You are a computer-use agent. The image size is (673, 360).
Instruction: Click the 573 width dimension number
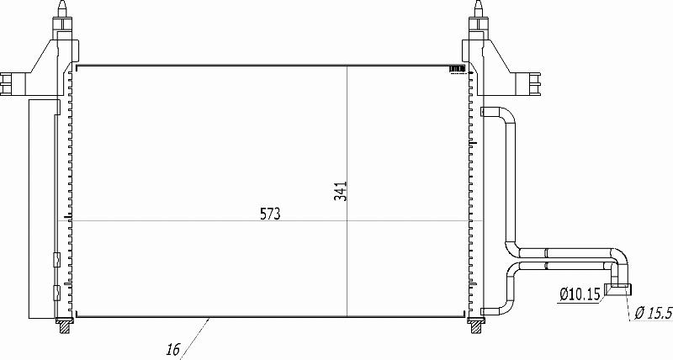tap(270, 214)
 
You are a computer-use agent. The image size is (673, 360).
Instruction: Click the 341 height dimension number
tap(341, 192)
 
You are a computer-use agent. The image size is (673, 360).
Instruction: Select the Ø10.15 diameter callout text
tap(580, 294)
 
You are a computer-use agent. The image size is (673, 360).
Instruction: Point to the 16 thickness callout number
tap(172, 350)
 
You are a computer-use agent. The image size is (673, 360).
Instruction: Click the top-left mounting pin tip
tap(62, 3)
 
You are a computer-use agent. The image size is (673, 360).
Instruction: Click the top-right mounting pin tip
tap(479, 3)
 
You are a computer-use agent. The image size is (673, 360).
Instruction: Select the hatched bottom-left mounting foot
tap(64, 326)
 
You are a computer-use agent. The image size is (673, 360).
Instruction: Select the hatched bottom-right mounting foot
tap(476, 326)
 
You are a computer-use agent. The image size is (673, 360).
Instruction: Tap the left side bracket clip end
tap(6, 83)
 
